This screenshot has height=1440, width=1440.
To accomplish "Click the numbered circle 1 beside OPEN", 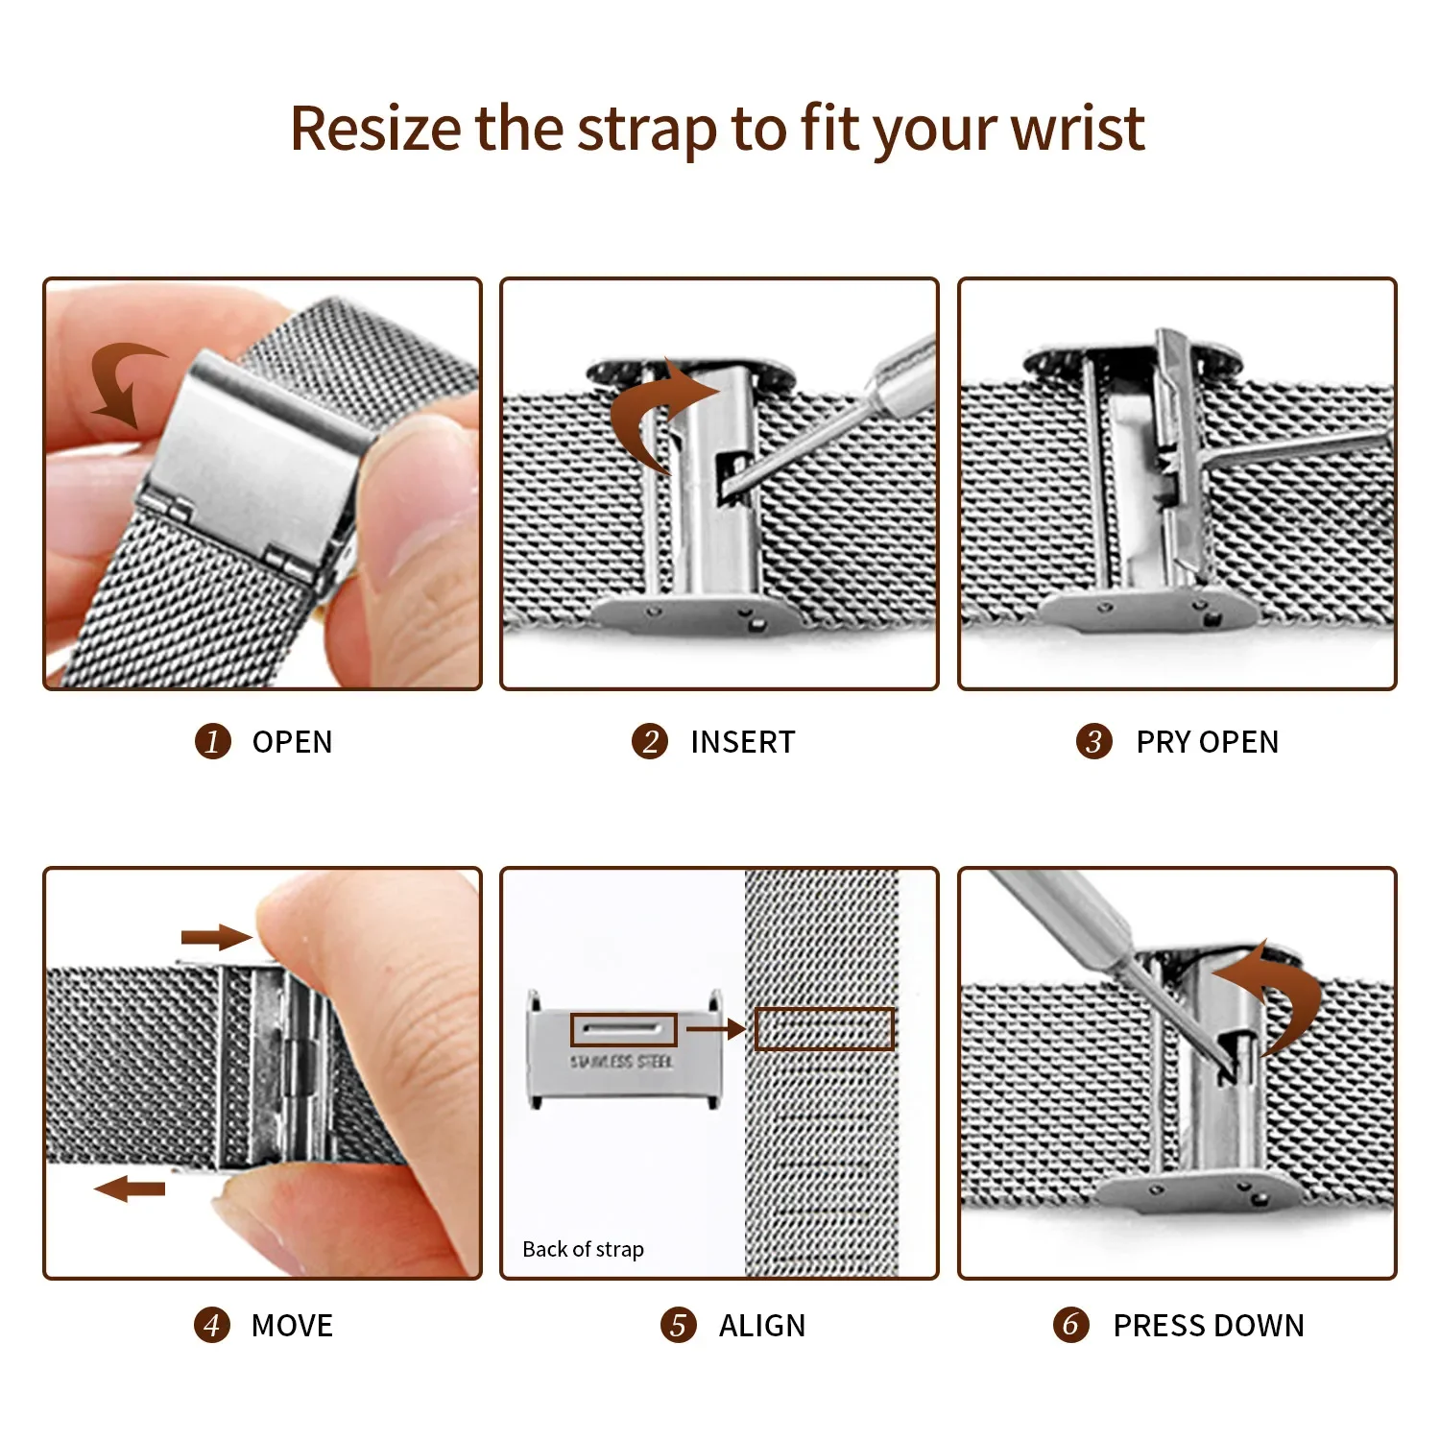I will point(212,741).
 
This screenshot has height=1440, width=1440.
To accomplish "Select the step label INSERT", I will point(742,741).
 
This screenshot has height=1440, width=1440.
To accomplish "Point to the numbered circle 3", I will point(1093,741).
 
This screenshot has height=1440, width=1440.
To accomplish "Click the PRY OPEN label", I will point(1207,741).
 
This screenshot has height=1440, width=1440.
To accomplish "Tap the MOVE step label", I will point(292,1325).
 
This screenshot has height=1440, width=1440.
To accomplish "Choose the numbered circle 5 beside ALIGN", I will point(678,1325).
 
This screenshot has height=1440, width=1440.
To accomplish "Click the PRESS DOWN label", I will point(1208,1325).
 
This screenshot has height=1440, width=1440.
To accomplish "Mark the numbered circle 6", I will point(1070,1325).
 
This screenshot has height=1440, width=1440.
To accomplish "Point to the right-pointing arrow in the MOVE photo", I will point(216,937).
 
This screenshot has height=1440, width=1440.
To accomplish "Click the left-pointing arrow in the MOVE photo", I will point(131,1188).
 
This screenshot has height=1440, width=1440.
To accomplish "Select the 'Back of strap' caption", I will point(583,1249).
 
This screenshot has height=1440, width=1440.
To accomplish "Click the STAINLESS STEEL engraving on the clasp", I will point(621,1062).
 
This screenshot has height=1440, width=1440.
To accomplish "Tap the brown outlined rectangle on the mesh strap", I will point(824,1028).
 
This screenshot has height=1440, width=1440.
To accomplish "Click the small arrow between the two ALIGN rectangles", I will point(715,1029).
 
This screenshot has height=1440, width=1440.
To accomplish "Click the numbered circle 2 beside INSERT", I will point(650,741).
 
